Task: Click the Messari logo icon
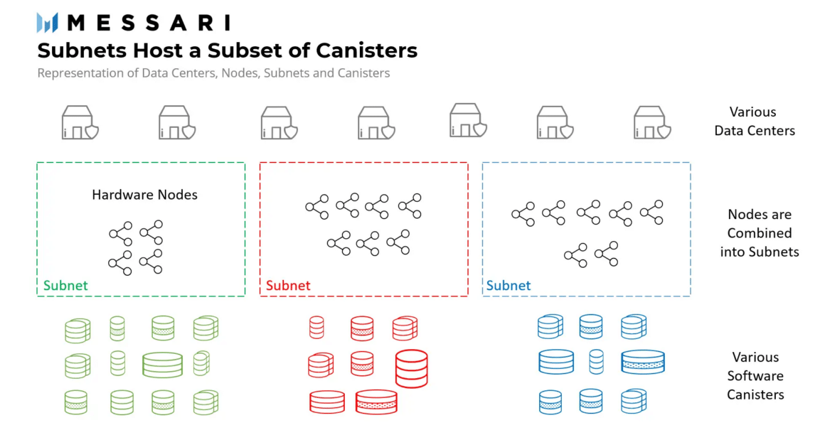pyautogui.click(x=47, y=23)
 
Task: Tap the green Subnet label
pyautogui.click(x=65, y=286)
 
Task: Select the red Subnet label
pyautogui.click(x=288, y=286)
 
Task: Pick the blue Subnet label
pyautogui.click(x=509, y=286)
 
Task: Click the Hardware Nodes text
pyautogui.click(x=144, y=195)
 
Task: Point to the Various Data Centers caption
pyautogui.click(x=754, y=122)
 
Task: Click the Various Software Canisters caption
pyautogui.click(x=755, y=376)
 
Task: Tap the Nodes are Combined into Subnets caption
pyautogui.click(x=759, y=233)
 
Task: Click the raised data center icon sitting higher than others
pyautogui.click(x=468, y=119)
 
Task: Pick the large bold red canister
pyautogui.click(x=411, y=368)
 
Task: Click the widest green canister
pyautogui.click(x=162, y=364)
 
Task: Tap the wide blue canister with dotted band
pyautogui.click(x=642, y=362)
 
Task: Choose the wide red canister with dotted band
pyautogui.click(x=376, y=402)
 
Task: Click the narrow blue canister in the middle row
pyautogui.click(x=596, y=362)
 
